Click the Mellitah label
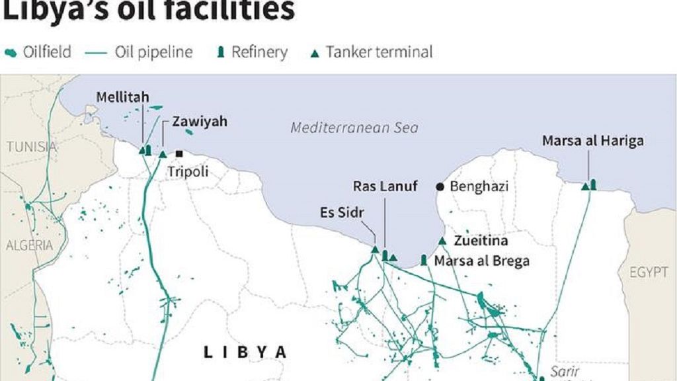122,97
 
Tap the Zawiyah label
199,121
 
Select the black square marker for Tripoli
179,153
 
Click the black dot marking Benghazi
440,187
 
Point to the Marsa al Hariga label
592,140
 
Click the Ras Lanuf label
385,187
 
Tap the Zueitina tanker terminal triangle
442,241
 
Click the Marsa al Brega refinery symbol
424,259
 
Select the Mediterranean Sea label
354,128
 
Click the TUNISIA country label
32,147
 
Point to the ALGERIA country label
29,245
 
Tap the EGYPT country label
649,272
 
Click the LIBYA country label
245,352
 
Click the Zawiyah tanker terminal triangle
163,154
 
